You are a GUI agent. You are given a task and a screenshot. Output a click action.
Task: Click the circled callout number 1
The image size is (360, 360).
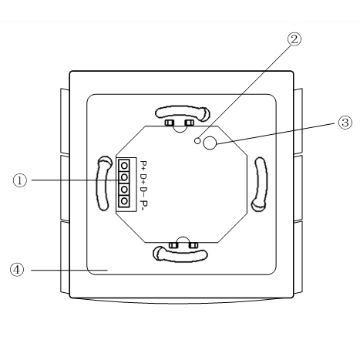20,180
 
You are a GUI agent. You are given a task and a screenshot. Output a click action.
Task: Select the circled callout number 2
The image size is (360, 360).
294,39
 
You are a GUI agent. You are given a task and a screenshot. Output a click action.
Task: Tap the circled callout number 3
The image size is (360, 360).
345,123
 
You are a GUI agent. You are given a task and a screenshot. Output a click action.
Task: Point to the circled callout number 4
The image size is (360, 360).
17,270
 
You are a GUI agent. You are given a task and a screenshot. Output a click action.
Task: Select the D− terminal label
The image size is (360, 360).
143,192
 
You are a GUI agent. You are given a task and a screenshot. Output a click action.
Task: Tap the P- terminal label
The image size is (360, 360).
144,204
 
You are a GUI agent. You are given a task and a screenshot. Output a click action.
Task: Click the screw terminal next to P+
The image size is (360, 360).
124,165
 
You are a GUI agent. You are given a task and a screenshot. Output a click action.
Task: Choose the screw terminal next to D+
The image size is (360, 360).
124,177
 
